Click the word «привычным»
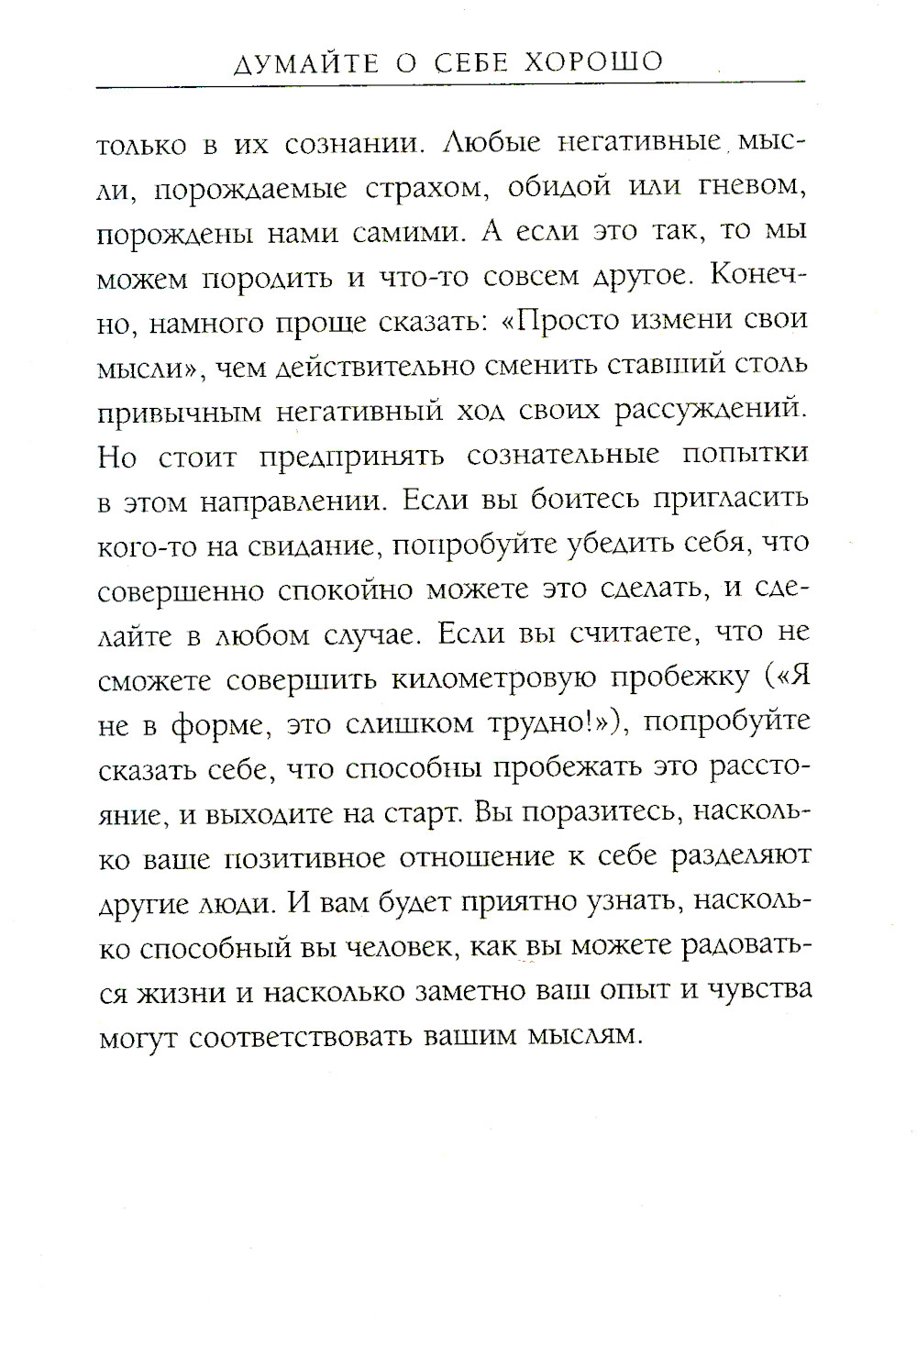pyautogui.click(x=180, y=413)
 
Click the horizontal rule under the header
pyautogui.click(x=449, y=85)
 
